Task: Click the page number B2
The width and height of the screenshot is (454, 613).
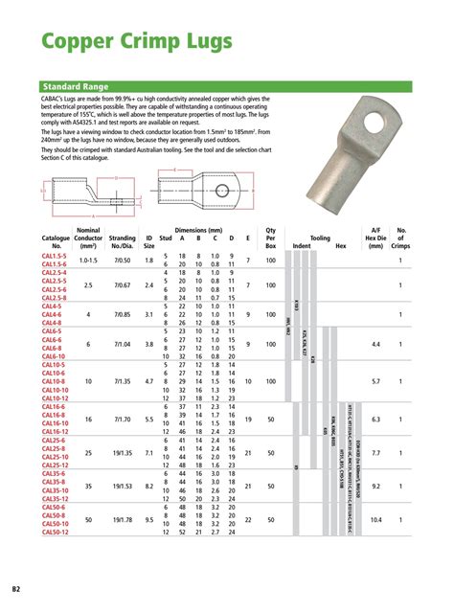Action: pos(16,587)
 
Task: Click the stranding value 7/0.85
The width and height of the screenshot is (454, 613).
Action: pos(123,313)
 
